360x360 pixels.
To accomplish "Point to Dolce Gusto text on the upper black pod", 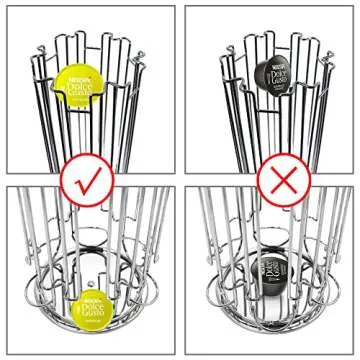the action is click(272, 80).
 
